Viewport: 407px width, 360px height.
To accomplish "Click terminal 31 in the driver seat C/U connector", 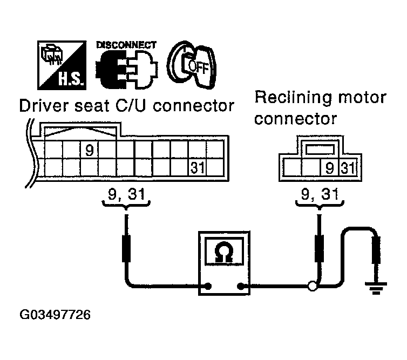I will pos(198,167).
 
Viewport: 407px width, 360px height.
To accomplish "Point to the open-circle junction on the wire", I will pos(311,287).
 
